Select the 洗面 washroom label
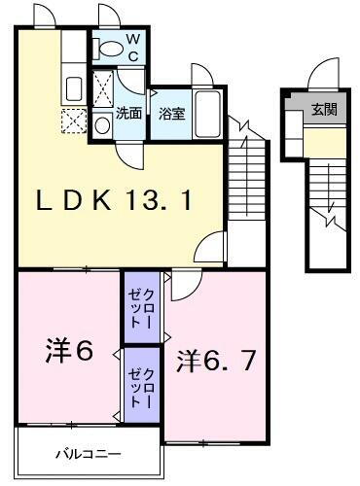[129, 112]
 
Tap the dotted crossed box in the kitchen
[73, 121]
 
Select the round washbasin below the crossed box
[102, 124]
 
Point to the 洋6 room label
[68, 350]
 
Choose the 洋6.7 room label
[216, 361]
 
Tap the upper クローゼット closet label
[142, 303]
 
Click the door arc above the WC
[108, 18]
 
